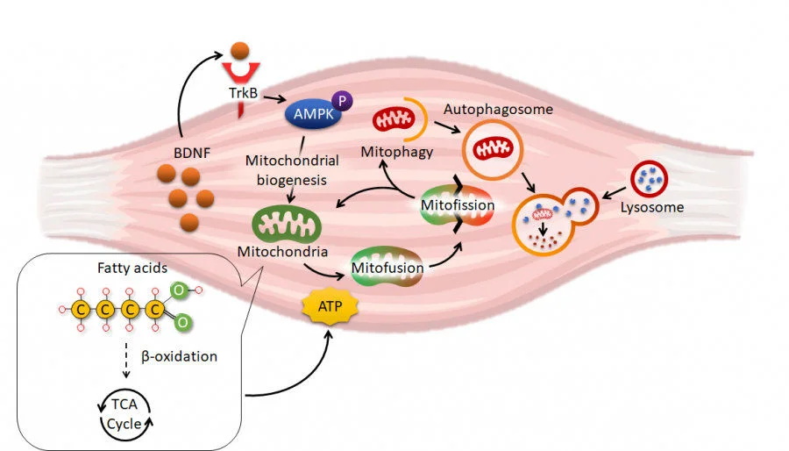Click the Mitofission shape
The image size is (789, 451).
(x=453, y=205)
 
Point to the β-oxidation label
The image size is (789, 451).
(x=180, y=358)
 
